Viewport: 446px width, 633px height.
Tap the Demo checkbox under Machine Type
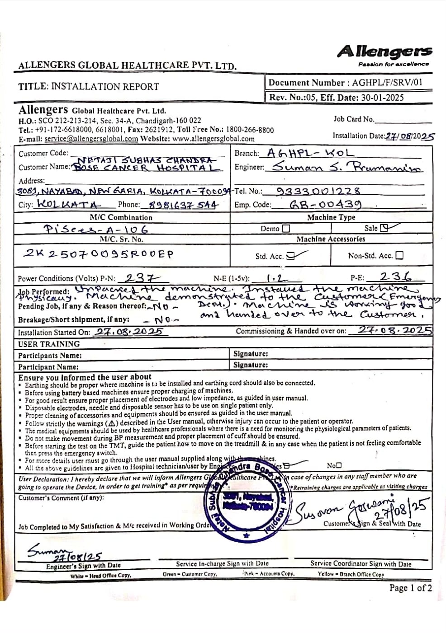click(286, 229)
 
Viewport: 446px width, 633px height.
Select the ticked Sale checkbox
click(384, 228)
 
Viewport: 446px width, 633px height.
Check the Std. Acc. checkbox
click(291, 256)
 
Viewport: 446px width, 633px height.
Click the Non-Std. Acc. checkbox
click(399, 256)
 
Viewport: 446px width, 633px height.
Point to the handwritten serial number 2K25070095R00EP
click(98, 253)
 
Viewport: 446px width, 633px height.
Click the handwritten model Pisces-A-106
click(95, 229)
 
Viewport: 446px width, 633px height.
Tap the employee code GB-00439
click(325, 205)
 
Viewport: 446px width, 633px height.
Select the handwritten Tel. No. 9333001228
click(319, 191)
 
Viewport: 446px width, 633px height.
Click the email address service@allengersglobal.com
click(91, 139)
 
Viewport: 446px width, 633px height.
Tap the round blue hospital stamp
click(248, 502)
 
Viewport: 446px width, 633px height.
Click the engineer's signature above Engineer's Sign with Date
click(63, 553)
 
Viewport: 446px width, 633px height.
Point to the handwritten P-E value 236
click(395, 277)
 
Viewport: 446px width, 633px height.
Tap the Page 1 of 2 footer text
click(410, 588)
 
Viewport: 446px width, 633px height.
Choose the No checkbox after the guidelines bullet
click(339, 465)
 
